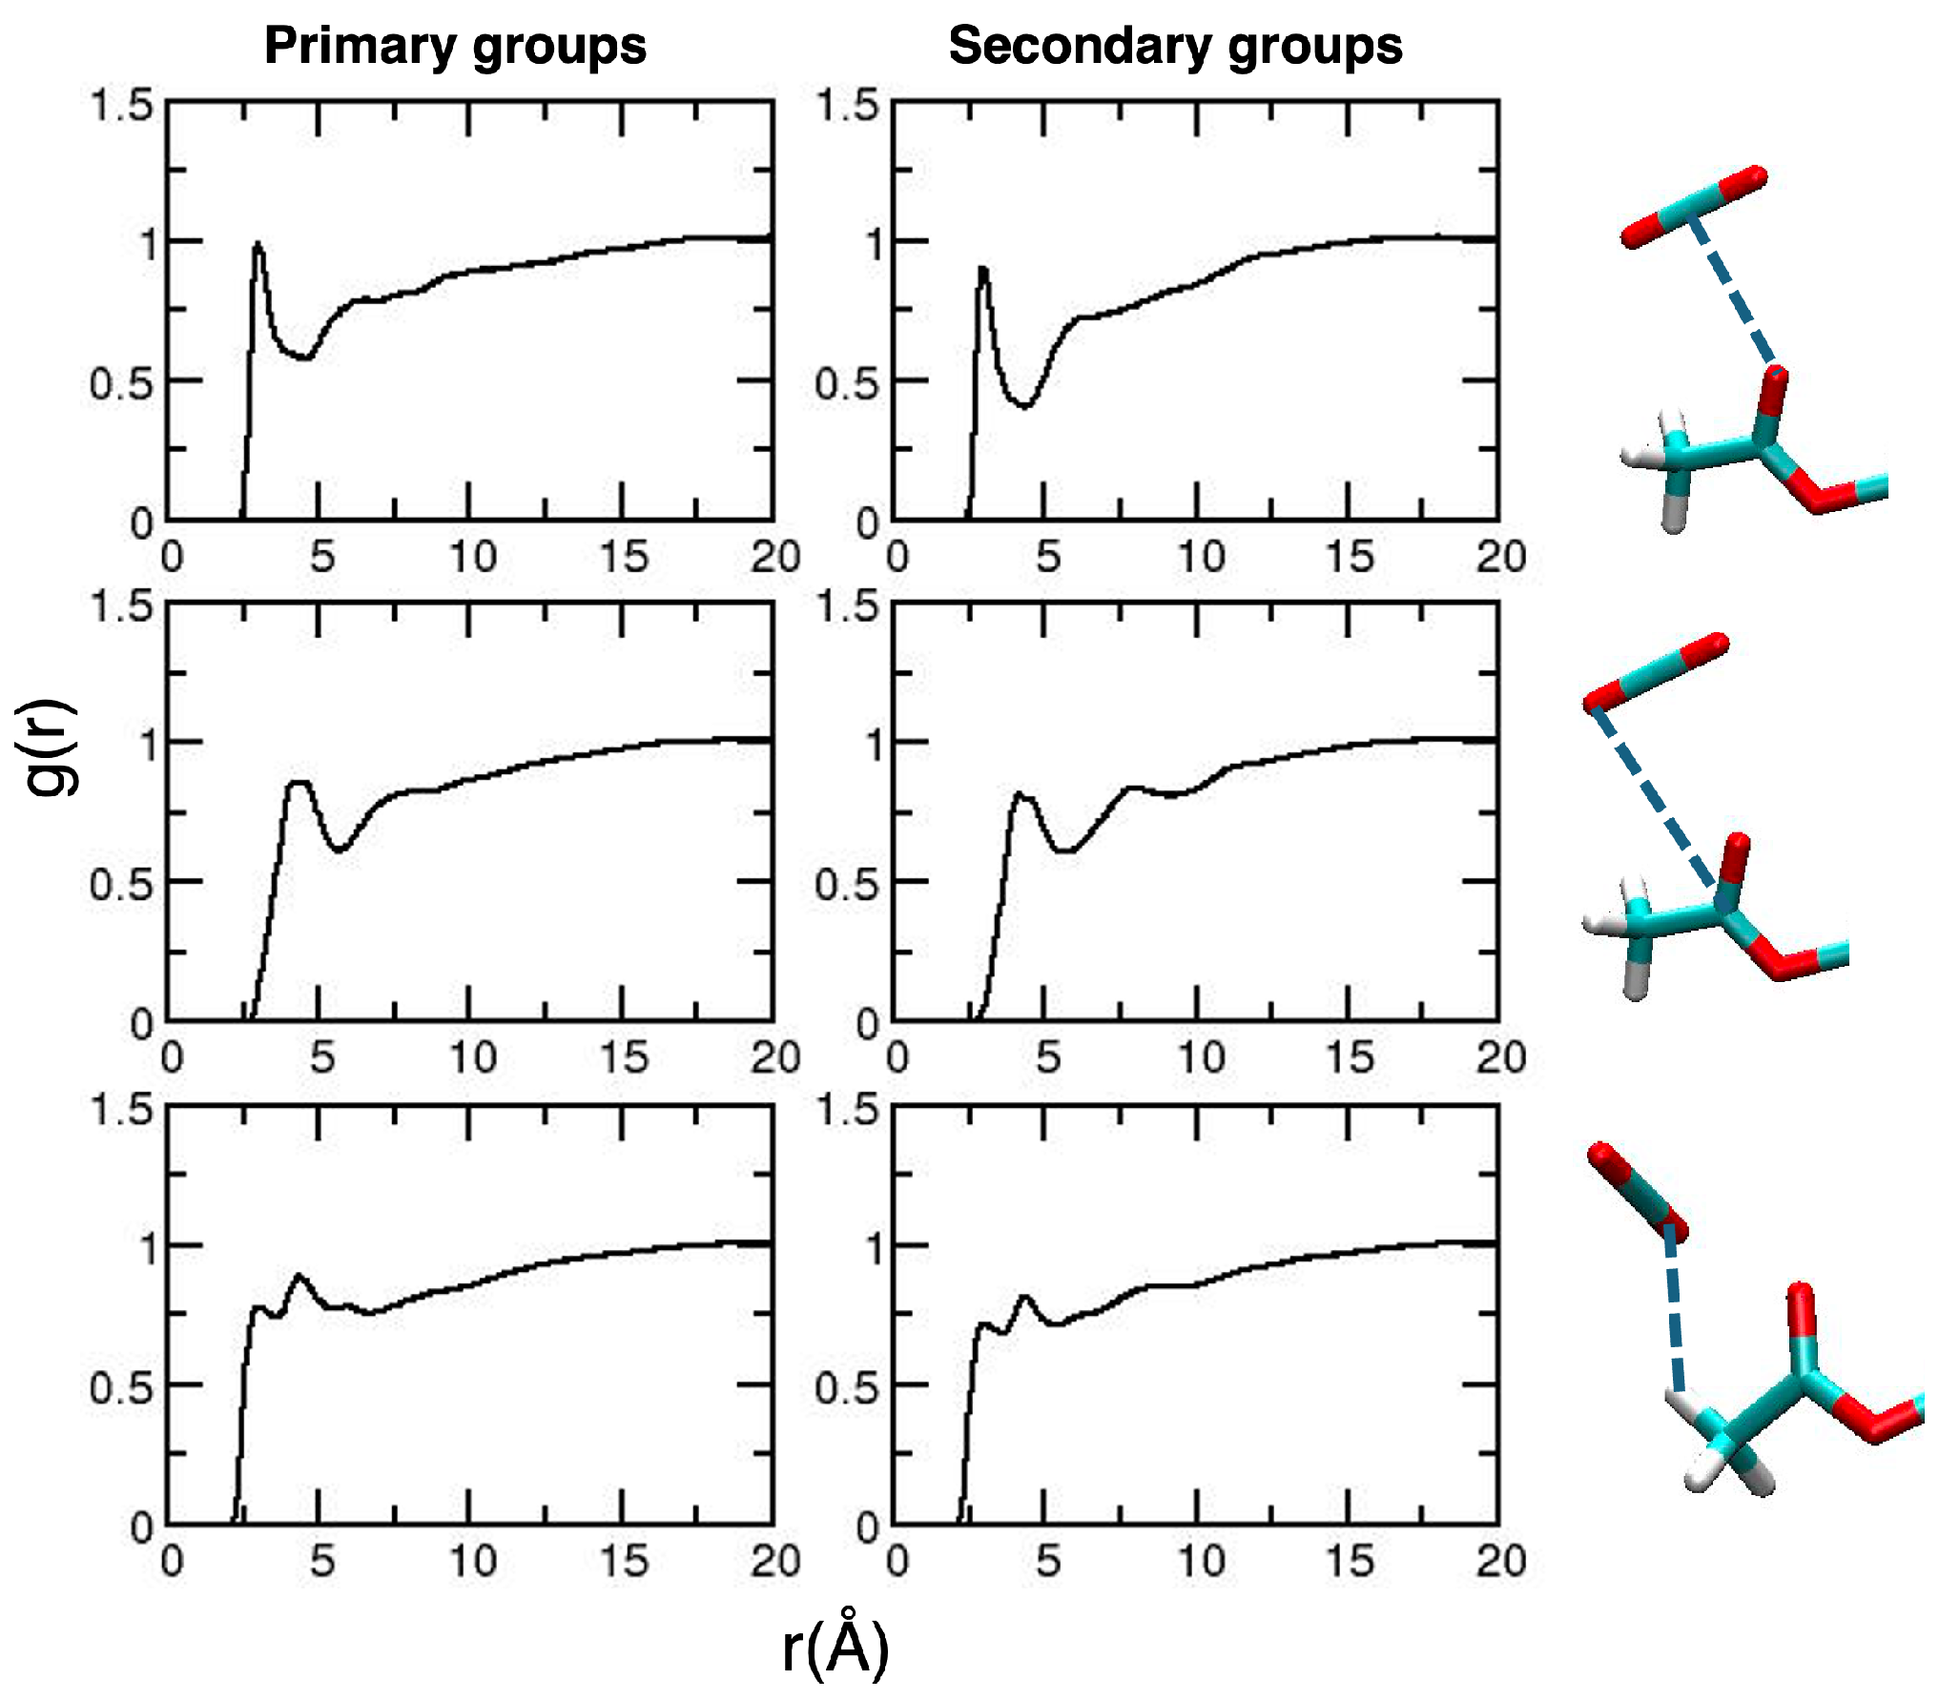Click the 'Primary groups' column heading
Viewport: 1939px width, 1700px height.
(x=455, y=46)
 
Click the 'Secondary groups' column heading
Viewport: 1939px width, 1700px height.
(x=1174, y=46)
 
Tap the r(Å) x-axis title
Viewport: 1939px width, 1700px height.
(x=835, y=1648)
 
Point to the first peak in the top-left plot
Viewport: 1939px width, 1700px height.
(x=258, y=245)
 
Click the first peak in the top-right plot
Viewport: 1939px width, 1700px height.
(x=983, y=270)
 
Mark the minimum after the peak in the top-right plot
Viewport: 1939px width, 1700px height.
(x=1025, y=406)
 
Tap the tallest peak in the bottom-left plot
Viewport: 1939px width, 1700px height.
(x=299, y=1275)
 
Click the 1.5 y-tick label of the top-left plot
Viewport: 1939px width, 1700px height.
(x=122, y=105)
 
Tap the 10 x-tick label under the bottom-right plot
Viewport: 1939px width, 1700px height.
(x=1200, y=1561)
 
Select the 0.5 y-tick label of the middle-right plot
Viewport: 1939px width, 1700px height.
(x=846, y=884)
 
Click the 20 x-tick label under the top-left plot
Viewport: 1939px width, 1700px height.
(x=774, y=557)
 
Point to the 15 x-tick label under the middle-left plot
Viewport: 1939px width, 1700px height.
(x=624, y=1057)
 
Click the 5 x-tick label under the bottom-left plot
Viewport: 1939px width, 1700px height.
(x=322, y=1561)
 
